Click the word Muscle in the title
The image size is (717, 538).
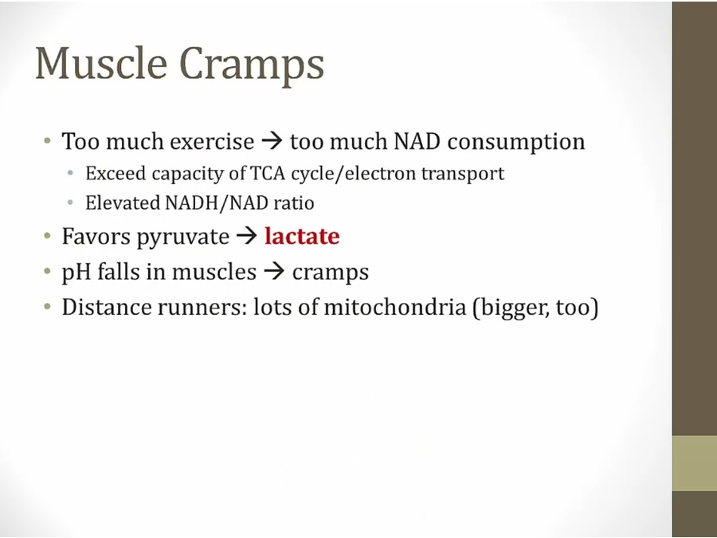pyautogui.click(x=101, y=64)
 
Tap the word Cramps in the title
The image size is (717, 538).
pyautogui.click(x=252, y=66)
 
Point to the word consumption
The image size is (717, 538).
pyautogui.click(x=516, y=143)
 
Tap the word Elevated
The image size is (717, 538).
pyautogui.click(x=123, y=202)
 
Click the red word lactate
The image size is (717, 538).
pyautogui.click(x=302, y=236)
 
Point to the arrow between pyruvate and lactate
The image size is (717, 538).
pyautogui.click(x=247, y=236)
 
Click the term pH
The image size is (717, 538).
pyautogui.click(x=76, y=273)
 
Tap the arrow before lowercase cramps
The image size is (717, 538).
pyautogui.click(x=274, y=272)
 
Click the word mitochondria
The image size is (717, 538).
pyautogui.click(x=394, y=307)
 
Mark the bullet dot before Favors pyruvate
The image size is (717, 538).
pyautogui.click(x=48, y=236)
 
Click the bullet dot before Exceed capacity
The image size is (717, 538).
pyautogui.click(x=70, y=173)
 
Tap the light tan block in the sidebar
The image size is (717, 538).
pyautogui.click(x=695, y=463)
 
